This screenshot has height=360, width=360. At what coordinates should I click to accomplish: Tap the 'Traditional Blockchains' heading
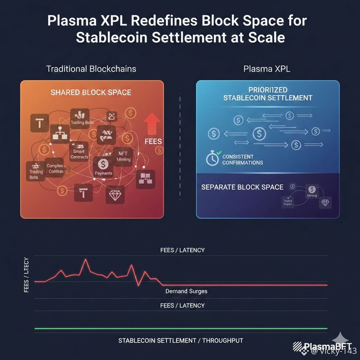click(91, 69)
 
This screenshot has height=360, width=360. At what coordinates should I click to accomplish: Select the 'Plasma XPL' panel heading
click(267, 69)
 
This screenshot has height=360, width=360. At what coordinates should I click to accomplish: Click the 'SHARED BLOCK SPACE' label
click(91, 92)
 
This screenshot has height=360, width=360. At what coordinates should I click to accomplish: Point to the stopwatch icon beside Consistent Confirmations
click(212, 159)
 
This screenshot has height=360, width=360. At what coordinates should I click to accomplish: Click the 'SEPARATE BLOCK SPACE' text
click(242, 187)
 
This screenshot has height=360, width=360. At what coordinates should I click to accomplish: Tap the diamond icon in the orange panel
click(115, 196)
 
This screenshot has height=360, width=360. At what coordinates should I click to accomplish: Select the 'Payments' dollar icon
click(103, 164)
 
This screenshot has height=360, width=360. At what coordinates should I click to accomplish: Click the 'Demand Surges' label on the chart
click(186, 291)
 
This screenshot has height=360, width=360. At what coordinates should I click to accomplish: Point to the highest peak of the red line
click(85, 259)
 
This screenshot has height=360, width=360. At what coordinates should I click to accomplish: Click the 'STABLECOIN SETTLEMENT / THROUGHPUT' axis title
click(180, 340)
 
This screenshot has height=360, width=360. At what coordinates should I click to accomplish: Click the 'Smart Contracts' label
click(79, 154)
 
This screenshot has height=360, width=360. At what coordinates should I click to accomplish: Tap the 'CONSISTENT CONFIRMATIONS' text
click(243, 160)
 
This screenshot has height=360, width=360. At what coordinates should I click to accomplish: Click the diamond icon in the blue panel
click(325, 203)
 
